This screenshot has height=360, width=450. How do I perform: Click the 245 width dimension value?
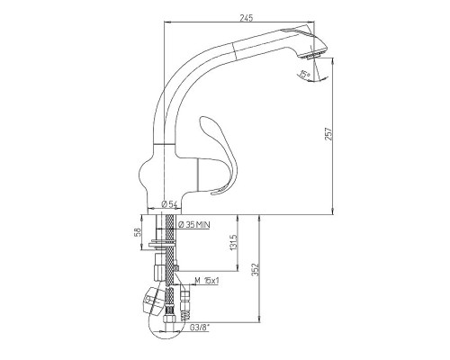[x=247, y=18]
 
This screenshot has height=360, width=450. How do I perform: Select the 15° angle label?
[x=305, y=74]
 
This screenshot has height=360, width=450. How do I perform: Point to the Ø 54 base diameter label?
[x=169, y=204]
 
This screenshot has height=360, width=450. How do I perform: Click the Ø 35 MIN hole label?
[x=194, y=224]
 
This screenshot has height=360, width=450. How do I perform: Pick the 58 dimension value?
[x=138, y=231]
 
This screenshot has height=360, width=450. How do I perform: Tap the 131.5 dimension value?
[x=234, y=243]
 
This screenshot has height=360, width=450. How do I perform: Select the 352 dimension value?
[x=256, y=270]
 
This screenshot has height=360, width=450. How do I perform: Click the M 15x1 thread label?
[x=207, y=281]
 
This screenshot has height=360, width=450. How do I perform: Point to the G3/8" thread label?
[x=200, y=328]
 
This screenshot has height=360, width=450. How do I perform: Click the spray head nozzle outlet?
[x=312, y=56]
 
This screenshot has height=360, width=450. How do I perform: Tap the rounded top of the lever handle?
[x=206, y=121]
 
